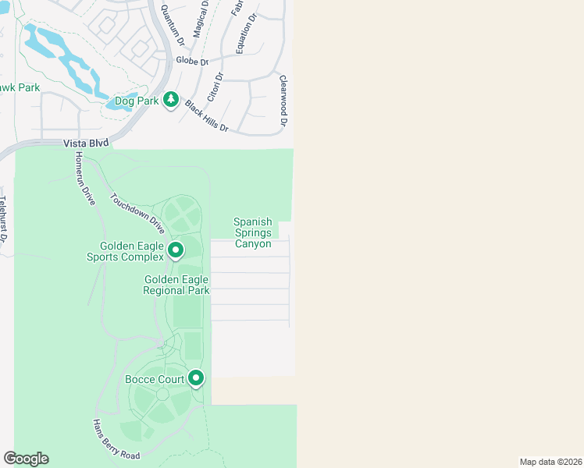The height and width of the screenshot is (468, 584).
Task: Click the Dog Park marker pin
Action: pyautogui.click(x=171, y=100)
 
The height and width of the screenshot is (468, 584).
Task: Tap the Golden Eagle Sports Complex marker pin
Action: pyautogui.click(x=176, y=250)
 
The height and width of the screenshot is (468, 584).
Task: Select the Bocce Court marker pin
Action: pyautogui.click(x=196, y=379)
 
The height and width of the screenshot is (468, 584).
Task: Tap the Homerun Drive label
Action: pyautogui.click(x=85, y=179)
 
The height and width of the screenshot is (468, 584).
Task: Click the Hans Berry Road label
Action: pyautogui.click(x=116, y=440)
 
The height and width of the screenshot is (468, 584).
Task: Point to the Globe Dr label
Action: pyautogui.click(x=193, y=61)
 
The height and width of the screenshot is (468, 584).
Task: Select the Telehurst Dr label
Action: pyautogui.click(x=3, y=214)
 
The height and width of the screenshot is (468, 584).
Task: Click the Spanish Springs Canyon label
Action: pyautogui.click(x=253, y=233)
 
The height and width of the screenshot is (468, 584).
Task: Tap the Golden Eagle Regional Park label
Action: pyautogui.click(x=176, y=285)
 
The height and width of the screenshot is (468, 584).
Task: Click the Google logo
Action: pyautogui.click(x=26, y=459)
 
